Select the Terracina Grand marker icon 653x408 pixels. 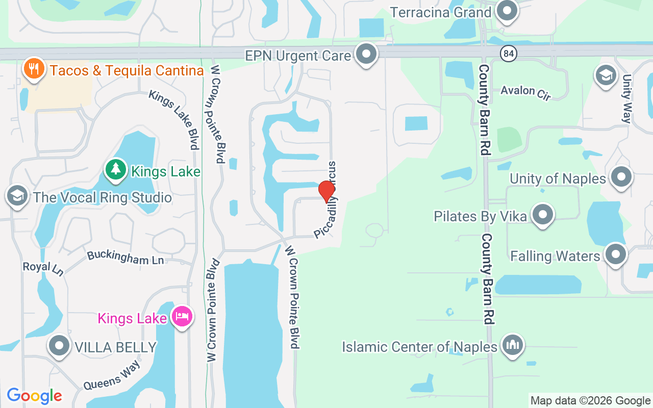tap(507, 11)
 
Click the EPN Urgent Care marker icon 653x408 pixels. tap(366, 54)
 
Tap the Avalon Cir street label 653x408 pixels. tap(525, 92)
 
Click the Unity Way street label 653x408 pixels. tap(627, 99)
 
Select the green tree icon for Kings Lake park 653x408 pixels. tap(116, 170)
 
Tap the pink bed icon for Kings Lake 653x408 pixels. tap(182, 317)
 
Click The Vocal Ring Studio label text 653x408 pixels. tap(102, 197)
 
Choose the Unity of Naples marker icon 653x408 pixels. tap(621, 177)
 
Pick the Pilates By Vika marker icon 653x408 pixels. tap(542, 215)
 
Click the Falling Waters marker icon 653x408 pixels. tap(615, 254)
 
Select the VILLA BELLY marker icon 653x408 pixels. tap(59, 346)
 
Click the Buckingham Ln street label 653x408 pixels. tap(125, 258)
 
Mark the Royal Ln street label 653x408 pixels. tap(43, 268)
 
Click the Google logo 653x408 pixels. tap(34, 396)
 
